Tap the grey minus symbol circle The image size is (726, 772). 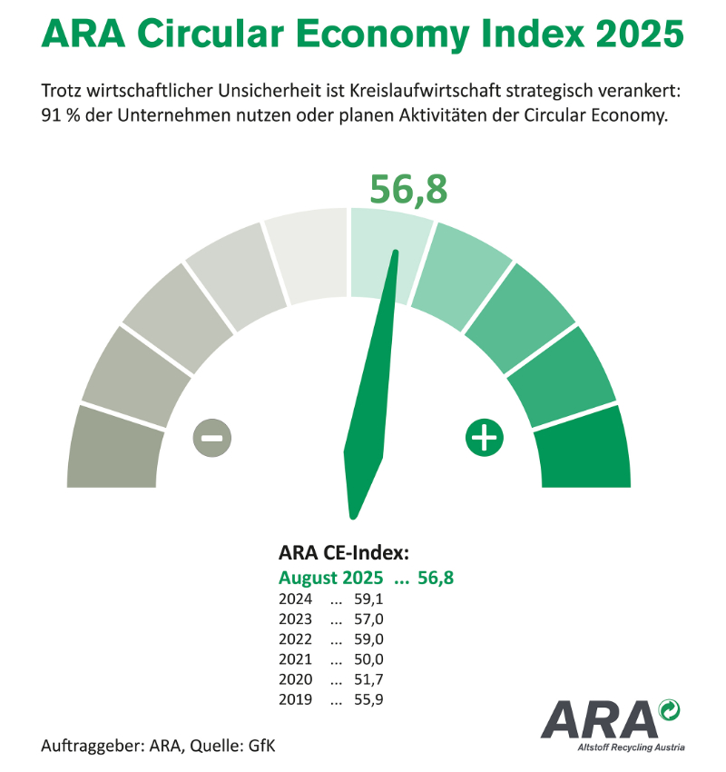click(211, 438)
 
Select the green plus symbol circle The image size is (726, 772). click(485, 438)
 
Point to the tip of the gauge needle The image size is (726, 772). click(397, 253)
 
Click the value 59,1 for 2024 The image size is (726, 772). click(371, 599)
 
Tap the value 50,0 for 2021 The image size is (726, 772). click(371, 659)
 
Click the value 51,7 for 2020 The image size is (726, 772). click(371, 679)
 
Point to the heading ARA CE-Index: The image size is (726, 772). click(343, 553)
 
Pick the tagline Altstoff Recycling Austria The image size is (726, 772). click(630, 747)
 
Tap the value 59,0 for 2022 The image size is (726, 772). click(371, 639)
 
